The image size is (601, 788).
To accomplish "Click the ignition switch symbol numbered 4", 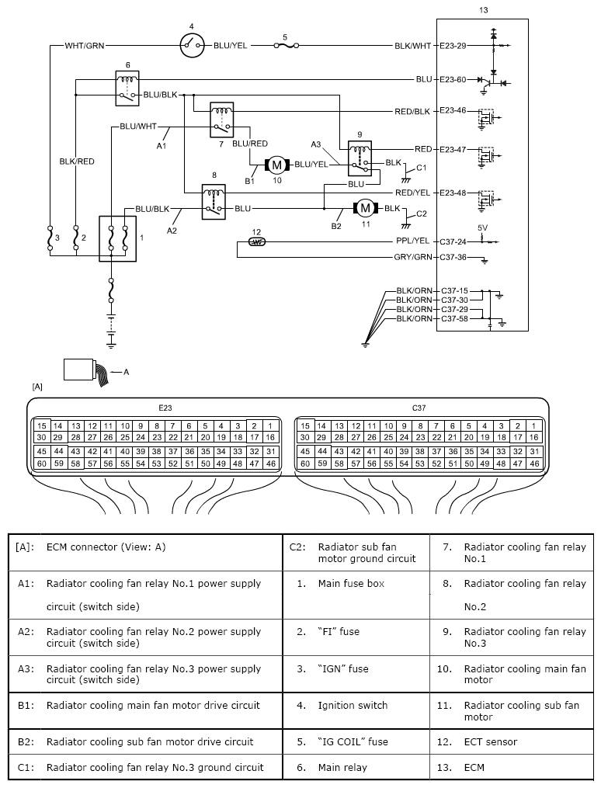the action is pos(193,45).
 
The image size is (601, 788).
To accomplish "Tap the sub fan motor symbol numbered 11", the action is pos(366,208).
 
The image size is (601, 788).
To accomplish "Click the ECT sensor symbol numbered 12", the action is pos(257,242).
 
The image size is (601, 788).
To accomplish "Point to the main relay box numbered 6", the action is pos(127,88).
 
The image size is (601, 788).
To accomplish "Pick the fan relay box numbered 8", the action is pos(214,202).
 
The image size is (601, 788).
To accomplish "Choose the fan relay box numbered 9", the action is pos(360,158).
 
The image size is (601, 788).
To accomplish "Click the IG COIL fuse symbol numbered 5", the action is pos(286,46).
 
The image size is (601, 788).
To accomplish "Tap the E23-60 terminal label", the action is pos(453,79).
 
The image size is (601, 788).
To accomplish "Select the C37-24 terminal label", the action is pos(453,242).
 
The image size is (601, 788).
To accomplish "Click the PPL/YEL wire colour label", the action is pos(412,241).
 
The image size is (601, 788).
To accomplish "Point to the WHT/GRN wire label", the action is pos(85,46).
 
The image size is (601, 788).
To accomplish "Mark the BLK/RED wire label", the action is pos(77,161).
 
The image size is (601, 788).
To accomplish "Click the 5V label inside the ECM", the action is pos(482,227).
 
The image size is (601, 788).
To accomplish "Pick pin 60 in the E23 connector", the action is pos(42,463).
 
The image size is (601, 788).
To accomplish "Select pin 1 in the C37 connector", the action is pos(533,426).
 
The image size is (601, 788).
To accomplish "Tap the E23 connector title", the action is pos(165,408).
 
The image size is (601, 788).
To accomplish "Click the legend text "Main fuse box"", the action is pos(351,584).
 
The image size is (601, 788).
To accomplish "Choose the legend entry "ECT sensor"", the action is pos(491,741).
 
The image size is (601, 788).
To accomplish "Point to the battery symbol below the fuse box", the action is pos(111,329).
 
